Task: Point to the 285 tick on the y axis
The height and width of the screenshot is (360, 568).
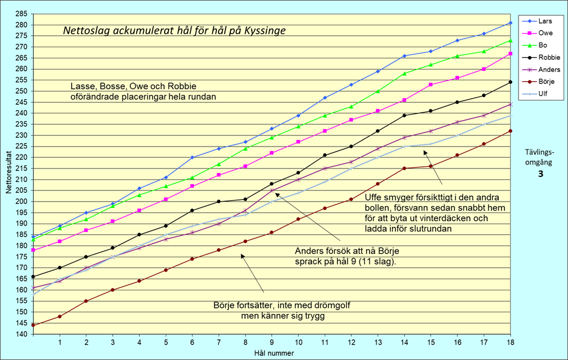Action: (x=20, y=14)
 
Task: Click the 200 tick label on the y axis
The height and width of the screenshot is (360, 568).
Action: (x=20, y=202)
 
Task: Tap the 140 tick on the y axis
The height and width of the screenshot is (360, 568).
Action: (x=20, y=334)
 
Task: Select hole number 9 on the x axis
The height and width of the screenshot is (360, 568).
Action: (x=272, y=341)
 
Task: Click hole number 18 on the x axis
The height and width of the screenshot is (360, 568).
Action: (x=511, y=341)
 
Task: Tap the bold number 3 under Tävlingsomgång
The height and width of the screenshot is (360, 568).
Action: (x=540, y=174)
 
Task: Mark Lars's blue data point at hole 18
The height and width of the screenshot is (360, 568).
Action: (x=511, y=23)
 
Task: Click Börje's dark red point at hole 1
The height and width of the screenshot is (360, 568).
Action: (x=60, y=316)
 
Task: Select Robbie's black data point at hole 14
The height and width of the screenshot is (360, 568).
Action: (x=405, y=115)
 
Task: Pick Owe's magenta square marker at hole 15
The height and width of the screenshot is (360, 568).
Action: (x=431, y=85)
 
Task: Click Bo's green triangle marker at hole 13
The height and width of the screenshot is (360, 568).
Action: (x=378, y=91)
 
